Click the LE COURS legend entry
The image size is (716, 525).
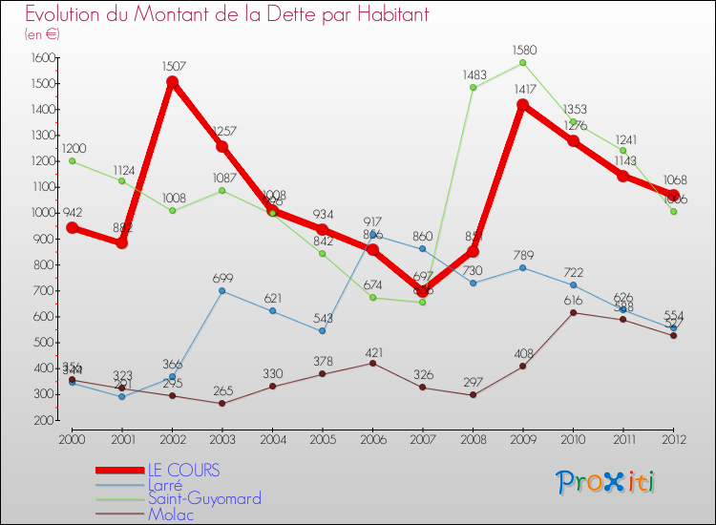pos(182,470)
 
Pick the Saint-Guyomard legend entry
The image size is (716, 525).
pos(203,498)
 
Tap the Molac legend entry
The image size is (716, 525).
pos(170,514)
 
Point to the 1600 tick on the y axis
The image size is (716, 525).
pos(42,58)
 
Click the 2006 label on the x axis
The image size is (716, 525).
pos(372,439)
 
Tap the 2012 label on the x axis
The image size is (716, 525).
pos(673,439)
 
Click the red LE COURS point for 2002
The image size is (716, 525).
pos(172,82)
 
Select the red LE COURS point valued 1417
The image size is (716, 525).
pos(523,105)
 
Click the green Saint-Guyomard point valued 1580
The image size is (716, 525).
pos(523,63)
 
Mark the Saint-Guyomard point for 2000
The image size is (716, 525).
pos(72,160)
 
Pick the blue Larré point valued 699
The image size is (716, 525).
pos(222,290)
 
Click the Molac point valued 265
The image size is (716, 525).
pos(222,403)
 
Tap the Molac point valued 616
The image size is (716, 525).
pos(573,312)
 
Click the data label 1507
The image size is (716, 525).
pos(172,67)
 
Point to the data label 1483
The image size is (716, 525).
pos(474,73)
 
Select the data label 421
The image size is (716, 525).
pos(372,352)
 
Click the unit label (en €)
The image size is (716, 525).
pos(42,34)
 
